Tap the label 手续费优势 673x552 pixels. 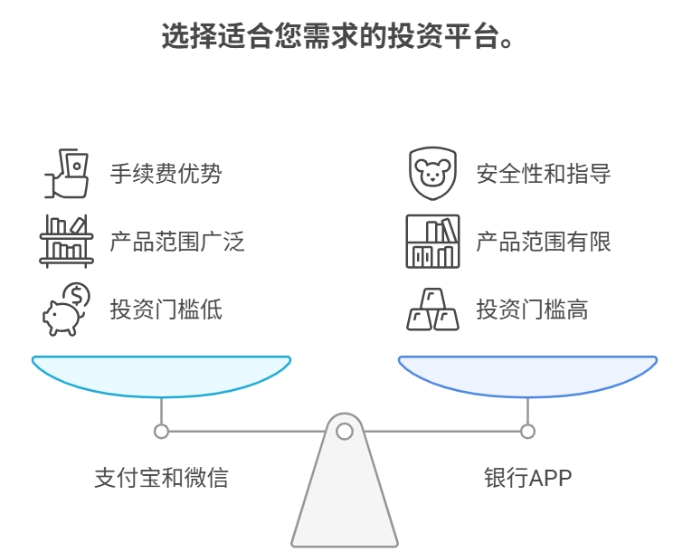pos(166,173)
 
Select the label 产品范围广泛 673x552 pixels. pos(177,242)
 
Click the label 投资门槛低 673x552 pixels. pos(166,309)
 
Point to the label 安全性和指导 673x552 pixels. pos(544,173)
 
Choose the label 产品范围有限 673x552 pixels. pos(544,242)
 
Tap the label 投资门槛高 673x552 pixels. pos(532,309)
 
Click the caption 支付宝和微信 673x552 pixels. pos(161,477)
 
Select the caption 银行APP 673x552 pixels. pos(528,477)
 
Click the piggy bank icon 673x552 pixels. pos(66,309)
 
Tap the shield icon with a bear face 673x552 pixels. pos(432,173)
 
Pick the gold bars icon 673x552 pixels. pos(432,309)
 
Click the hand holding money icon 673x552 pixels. pos(67,173)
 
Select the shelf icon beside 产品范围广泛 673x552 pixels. pos(66,242)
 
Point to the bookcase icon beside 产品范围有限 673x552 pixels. pos(432,242)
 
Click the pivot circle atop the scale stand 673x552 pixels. pos(345,432)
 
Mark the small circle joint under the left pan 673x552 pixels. pos(161,432)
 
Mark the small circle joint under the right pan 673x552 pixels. pos(528,432)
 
